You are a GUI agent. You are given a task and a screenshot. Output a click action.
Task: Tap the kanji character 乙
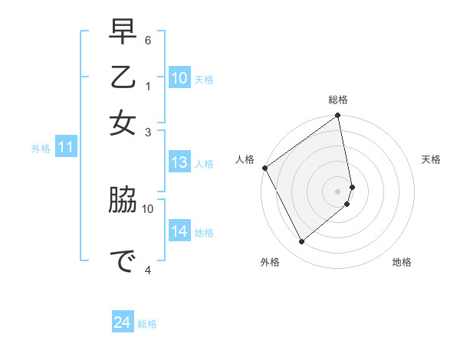[x=123, y=79]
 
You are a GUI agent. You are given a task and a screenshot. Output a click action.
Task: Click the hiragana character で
[x=123, y=260]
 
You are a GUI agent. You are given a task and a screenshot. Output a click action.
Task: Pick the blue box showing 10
[x=179, y=77]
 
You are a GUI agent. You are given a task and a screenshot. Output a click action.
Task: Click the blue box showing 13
[x=179, y=162]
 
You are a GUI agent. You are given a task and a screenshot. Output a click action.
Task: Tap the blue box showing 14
[x=179, y=231]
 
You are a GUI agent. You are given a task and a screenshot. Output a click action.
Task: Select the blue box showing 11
[x=65, y=147]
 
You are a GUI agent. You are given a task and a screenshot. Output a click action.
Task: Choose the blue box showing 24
[x=123, y=322]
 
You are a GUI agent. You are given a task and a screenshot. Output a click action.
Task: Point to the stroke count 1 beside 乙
[x=148, y=86]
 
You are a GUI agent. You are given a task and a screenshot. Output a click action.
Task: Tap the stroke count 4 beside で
[x=148, y=270]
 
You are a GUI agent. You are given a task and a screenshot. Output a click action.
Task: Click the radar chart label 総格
[x=338, y=100]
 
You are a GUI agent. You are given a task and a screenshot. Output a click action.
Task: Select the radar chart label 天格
[x=432, y=159]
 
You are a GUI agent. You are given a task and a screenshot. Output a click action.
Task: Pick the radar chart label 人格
[x=245, y=159]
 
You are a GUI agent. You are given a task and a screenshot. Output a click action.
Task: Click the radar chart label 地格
[x=402, y=262]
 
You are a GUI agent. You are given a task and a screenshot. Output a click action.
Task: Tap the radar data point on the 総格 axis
[x=338, y=116]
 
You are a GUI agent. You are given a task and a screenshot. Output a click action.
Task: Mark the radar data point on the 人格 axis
[x=264, y=168]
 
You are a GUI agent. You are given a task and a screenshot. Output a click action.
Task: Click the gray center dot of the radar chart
[x=338, y=191]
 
